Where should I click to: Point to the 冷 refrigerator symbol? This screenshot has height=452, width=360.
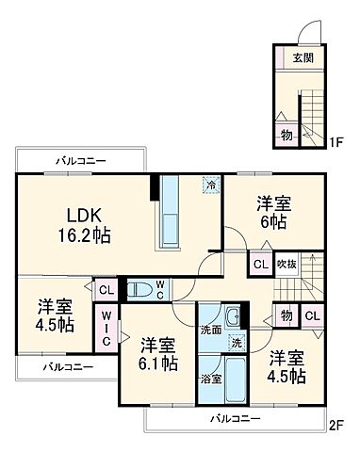click(210, 186)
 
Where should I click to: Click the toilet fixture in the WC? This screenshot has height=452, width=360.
click(139, 289)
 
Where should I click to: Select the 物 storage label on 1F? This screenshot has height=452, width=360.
click(286, 134)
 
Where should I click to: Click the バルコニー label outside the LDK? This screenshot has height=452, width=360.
click(79, 161)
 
